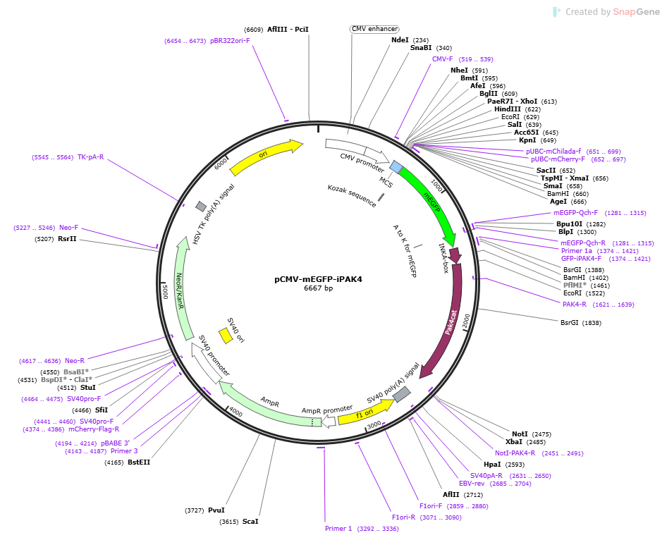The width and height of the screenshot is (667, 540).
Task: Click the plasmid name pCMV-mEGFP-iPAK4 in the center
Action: pos(318,279)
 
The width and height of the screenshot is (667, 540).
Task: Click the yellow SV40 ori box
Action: pos(226,336)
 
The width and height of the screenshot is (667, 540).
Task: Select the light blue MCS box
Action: pos(396,166)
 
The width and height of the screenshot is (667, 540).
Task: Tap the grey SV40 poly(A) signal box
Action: pos(402,395)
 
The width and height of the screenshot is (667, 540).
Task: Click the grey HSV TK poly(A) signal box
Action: pos(201,207)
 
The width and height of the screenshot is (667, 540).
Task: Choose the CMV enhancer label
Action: pos(375,29)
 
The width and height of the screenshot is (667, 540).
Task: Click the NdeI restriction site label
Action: pos(400,40)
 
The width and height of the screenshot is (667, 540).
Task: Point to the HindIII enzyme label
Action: pos(507,109)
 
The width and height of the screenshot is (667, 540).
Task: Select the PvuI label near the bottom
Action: pos(216,510)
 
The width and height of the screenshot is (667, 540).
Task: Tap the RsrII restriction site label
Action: pos(67,238)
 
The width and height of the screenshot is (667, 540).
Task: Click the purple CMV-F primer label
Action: pos(442,59)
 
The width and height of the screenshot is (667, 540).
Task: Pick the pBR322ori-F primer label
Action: pos(230,41)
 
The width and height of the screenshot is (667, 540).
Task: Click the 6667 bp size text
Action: pos(318,288)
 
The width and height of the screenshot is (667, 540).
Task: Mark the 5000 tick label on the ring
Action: pos(166,292)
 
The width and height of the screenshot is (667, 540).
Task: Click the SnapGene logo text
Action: pos(637,12)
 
